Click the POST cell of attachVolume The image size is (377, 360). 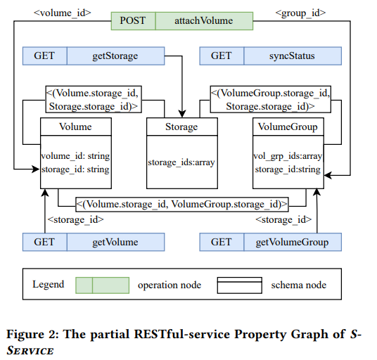[133, 21]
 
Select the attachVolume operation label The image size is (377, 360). [204, 20]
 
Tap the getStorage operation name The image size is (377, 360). [115, 56]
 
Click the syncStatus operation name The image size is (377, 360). [292, 56]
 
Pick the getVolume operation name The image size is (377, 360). [115, 242]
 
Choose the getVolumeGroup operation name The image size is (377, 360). [292, 242]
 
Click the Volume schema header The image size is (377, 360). [76, 127]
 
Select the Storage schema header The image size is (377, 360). [182, 127]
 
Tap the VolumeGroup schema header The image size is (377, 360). [288, 127]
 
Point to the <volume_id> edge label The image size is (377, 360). [63, 13]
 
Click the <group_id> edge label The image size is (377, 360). [300, 13]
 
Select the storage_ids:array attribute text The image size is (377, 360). [181, 162]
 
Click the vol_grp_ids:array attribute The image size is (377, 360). [288, 156]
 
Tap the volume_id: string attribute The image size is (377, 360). [75, 156]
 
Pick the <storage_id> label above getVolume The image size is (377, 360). [76, 219]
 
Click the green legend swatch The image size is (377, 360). [103, 285]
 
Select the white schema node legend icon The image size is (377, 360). [239, 285]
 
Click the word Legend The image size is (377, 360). [49, 284]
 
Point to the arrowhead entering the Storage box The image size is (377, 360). [182, 114]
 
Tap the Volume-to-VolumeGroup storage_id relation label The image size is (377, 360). [182, 205]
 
